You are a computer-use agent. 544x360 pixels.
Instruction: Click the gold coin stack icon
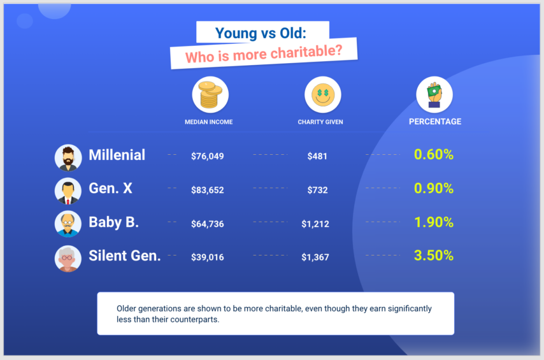pos(210,94)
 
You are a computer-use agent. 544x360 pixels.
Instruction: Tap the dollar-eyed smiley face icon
pos(322,94)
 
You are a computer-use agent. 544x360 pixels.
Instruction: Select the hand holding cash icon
pos(434,94)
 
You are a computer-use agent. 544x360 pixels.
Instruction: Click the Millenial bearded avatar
pos(68,157)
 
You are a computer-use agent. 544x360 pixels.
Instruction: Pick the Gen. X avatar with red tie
pos(68,191)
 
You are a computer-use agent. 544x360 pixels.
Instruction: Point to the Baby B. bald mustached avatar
pos(68,224)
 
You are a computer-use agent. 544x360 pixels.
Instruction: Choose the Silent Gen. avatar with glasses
pos(68,258)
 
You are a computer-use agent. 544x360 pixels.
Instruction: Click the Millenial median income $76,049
pos(208,155)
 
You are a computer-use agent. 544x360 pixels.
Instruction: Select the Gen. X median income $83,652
pos(208,190)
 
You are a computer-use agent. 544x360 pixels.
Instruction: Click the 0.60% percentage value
pos(433,154)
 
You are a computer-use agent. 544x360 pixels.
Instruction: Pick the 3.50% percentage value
pos(433,256)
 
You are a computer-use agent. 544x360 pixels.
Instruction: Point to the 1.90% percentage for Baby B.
pos(433,222)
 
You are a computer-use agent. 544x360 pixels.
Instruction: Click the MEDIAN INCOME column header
pos(209,122)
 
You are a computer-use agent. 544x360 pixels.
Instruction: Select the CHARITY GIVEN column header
pos(320,122)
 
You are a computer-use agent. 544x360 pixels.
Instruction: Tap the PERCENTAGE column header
pos(435,121)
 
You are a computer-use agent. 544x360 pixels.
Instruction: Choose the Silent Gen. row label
pos(125,256)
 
